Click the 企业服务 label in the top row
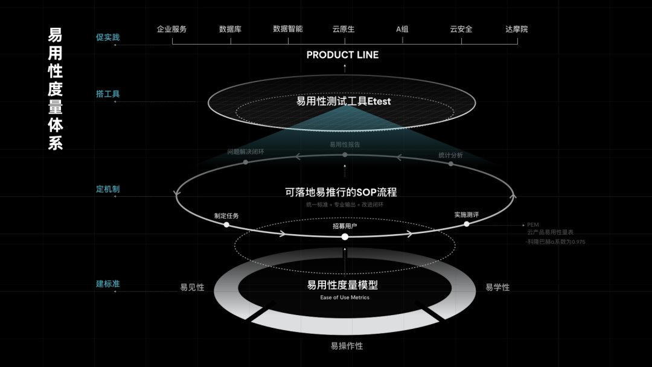click(x=172, y=29)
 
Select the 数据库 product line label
click(x=230, y=29)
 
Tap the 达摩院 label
click(x=516, y=29)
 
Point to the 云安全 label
click(x=461, y=29)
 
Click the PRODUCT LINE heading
click(x=342, y=55)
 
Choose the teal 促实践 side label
click(x=108, y=37)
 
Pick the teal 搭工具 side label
click(x=108, y=94)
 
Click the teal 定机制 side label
click(x=108, y=190)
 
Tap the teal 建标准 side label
click(x=108, y=284)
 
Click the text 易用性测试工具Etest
click(x=344, y=101)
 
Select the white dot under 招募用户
click(x=345, y=237)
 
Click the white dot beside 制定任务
click(x=226, y=225)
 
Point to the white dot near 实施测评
click(x=467, y=224)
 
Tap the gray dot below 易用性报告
click(x=345, y=155)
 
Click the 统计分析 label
click(x=450, y=155)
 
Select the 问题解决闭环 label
click(x=246, y=152)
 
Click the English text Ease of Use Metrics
click(x=345, y=298)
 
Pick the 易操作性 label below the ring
click(x=347, y=346)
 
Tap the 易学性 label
click(x=497, y=287)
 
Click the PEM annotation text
click(x=532, y=225)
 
